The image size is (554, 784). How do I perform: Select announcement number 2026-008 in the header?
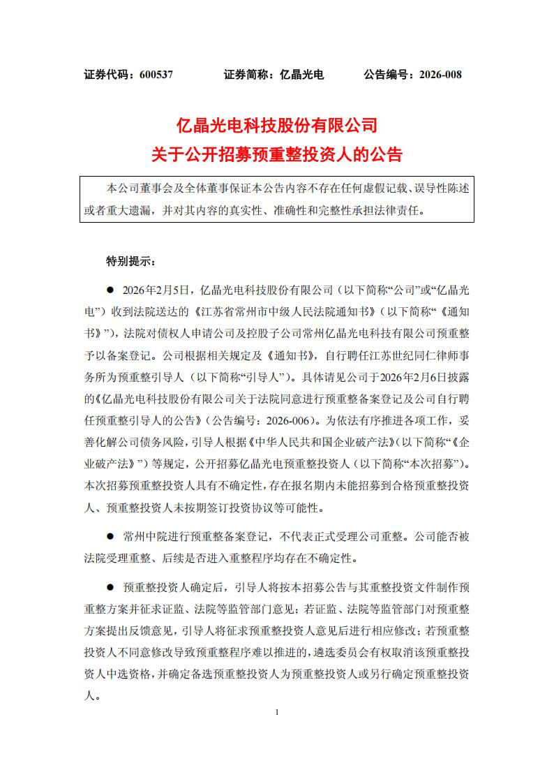[437, 74]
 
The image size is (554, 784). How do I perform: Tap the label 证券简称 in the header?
[247, 74]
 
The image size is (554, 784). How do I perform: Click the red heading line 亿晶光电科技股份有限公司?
[277, 126]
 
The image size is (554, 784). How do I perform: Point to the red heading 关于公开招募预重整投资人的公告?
[277, 154]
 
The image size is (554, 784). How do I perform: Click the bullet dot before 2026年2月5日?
[110, 288]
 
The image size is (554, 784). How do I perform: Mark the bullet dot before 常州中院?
[110, 537]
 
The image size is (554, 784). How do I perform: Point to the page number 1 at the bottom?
[277, 713]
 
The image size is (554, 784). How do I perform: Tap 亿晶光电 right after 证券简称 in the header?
[301, 74]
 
